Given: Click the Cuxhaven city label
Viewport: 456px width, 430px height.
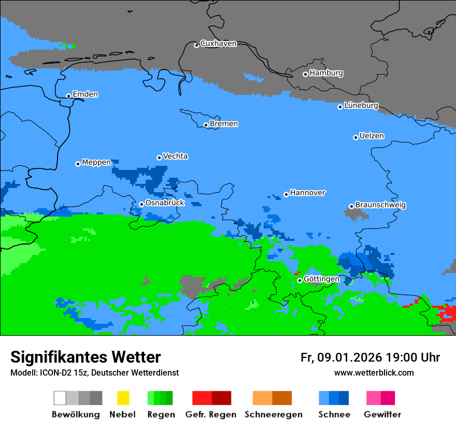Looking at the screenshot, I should coord(218,44).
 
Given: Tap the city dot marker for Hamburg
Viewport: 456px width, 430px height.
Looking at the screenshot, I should coord(305,74).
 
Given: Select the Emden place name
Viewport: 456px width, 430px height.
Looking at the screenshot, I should coord(85,94).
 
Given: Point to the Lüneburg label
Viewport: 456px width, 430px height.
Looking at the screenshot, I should coord(361,105).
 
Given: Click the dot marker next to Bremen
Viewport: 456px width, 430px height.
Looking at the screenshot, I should coord(206,125).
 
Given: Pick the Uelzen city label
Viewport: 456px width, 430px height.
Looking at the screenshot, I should coord(372,136).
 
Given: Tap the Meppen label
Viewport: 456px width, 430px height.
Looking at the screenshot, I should coord(96,162).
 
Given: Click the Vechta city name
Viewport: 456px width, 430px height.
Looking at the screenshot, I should coord(175,156).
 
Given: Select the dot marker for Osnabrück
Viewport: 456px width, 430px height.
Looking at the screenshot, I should coord(141,204).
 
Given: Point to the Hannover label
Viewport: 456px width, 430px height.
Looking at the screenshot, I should coord(307,193).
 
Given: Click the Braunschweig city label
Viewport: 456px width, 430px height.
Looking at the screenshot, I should coord(380,205).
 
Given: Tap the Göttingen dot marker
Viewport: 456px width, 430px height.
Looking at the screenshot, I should coord(300,280).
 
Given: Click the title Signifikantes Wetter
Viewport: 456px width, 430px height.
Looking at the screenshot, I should coord(85,357).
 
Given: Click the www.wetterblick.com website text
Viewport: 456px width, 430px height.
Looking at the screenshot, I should coord(374,372).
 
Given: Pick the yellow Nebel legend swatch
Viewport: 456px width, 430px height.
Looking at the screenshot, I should coord(123,398).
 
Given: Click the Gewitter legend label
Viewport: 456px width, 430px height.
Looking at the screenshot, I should coord(382,414).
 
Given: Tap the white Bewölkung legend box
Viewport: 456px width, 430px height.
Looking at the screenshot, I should coord(60,398).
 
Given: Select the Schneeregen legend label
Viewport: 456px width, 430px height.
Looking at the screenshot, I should coord(273,414).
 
